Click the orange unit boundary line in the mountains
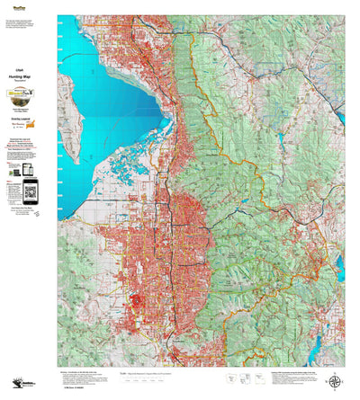(x=261, y=180)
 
